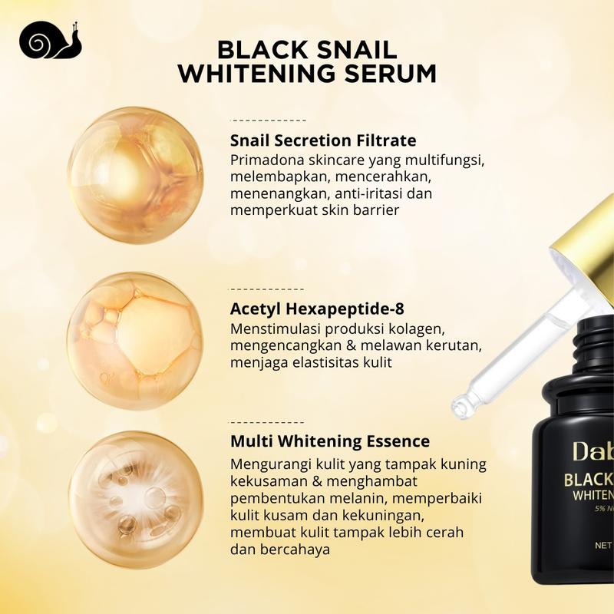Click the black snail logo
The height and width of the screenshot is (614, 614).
[50, 40]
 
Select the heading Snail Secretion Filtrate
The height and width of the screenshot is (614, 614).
[323, 140]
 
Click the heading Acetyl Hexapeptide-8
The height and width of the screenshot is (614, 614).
[317, 309]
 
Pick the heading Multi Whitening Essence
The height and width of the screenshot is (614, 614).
[330, 441]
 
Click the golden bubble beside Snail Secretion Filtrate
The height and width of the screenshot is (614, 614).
[136, 175]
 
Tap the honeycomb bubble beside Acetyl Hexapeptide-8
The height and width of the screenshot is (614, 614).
[136, 341]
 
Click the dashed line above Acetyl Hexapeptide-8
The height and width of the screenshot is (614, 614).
[266, 289]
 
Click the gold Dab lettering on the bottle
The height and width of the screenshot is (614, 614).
[593, 451]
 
